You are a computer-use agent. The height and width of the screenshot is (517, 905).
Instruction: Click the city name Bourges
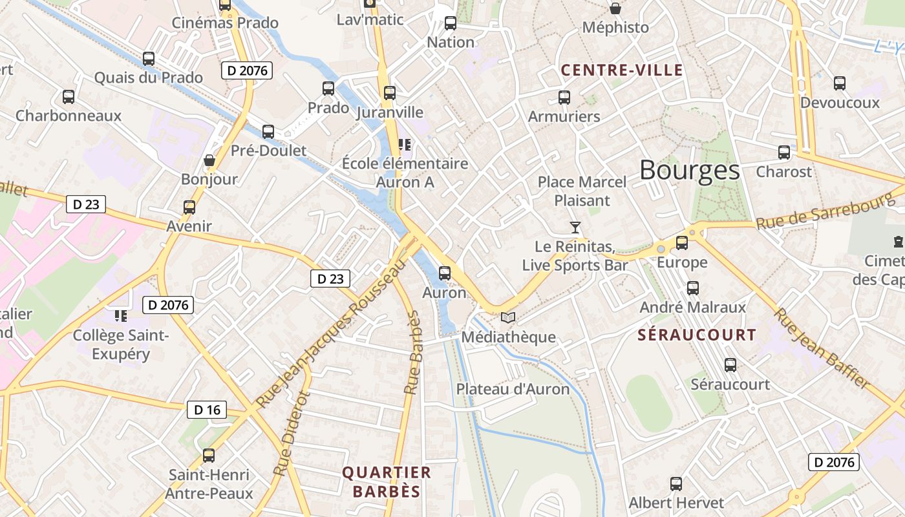click(689, 170)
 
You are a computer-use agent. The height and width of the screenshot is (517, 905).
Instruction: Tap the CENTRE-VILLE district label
click(621, 70)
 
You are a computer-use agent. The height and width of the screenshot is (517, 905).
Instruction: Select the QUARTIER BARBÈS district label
click(387, 481)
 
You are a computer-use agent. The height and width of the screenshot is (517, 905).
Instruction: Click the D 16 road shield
click(207, 410)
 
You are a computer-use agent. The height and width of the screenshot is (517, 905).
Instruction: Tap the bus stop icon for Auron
click(444, 273)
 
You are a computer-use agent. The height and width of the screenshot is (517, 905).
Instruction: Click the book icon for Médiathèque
click(508, 317)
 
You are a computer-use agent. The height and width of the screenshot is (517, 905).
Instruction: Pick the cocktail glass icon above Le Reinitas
click(575, 227)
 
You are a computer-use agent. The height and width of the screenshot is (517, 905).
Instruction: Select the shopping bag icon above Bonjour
click(209, 160)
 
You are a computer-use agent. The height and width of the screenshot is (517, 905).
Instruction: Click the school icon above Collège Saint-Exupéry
click(120, 315)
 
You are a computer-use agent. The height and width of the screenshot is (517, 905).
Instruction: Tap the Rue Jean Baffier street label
click(822, 348)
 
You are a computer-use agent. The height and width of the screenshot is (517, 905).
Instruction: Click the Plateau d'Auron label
click(513, 389)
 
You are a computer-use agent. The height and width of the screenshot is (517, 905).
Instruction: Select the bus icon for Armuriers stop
click(564, 98)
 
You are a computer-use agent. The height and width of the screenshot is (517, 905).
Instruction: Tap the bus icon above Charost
click(783, 153)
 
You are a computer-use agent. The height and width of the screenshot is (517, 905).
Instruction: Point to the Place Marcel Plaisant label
click(582, 191)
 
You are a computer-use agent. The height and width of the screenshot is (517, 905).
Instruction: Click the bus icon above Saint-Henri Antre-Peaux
click(208, 455)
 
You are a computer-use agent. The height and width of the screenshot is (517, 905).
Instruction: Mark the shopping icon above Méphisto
click(615, 8)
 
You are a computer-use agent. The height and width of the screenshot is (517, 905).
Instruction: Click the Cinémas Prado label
click(225, 23)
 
